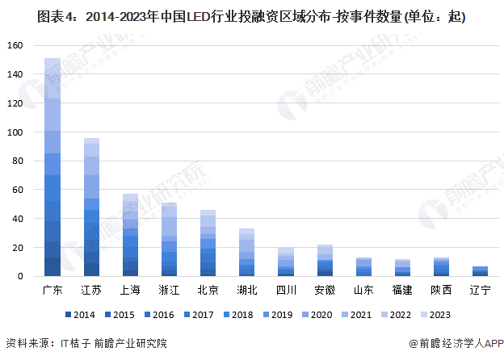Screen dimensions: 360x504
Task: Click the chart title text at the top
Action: coord(251,16)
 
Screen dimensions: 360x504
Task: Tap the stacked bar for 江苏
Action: coord(91,207)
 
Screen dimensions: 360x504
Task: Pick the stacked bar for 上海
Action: coord(130,236)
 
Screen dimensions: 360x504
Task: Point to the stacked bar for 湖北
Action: coord(246,253)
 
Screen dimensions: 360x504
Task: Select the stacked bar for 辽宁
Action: coord(479,271)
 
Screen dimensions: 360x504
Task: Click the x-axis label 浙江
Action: coord(169,289)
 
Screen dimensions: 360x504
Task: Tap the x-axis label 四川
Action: coord(285,289)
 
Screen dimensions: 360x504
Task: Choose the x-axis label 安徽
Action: coord(324,289)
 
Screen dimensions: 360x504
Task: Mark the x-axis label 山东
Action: coord(363,289)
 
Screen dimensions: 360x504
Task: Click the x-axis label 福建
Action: coord(401,289)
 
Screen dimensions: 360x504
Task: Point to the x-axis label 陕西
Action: coord(440,289)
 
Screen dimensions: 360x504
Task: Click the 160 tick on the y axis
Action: coord(17,46)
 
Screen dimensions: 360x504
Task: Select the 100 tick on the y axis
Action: coord(17,132)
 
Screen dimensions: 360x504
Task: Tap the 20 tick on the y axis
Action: coord(19,248)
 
